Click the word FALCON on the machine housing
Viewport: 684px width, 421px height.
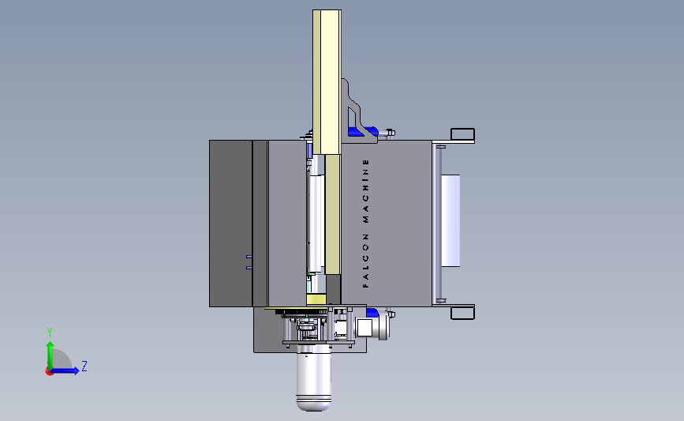coord(365,261)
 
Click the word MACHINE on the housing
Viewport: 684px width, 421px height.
coord(365,191)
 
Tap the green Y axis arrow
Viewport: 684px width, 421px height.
coord(50,355)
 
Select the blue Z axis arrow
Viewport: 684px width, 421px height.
coord(65,370)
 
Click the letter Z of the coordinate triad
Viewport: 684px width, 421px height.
coord(84,366)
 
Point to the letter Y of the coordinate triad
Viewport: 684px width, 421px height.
coord(50,333)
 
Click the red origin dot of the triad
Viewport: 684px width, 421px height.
coord(49,372)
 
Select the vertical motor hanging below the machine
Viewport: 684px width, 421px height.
coord(314,377)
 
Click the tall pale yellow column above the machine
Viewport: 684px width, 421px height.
coord(327,82)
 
